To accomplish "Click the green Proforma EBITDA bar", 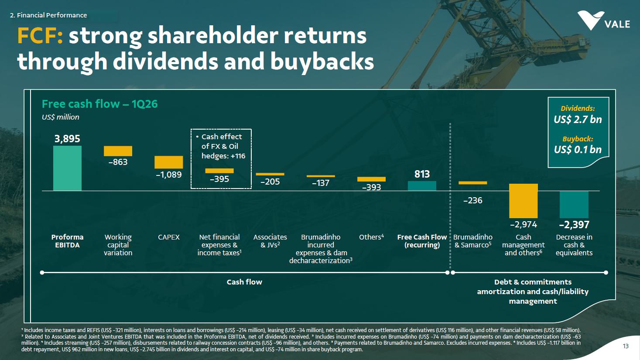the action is [x=68, y=168].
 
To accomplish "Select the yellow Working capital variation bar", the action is [x=118, y=151].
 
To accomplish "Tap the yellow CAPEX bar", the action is [x=168, y=162].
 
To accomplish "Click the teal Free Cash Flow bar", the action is [x=422, y=186].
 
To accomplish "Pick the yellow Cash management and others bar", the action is [x=524, y=201].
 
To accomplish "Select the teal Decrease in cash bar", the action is [x=574, y=205].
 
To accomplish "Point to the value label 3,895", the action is [x=68, y=139].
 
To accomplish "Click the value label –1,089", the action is [x=168, y=175].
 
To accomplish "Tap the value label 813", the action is [x=422, y=174].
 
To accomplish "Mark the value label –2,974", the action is [x=524, y=225].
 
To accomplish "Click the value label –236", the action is [x=473, y=201].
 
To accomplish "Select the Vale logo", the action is [x=603, y=21].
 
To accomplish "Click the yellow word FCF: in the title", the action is [x=40, y=36].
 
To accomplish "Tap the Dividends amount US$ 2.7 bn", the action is [x=578, y=120].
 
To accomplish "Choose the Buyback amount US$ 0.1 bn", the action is [x=578, y=149].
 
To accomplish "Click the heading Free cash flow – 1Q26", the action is [x=100, y=104].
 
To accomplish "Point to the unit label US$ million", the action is [x=61, y=117].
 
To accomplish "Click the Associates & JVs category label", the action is [x=270, y=241].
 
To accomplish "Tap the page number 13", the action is [x=626, y=346].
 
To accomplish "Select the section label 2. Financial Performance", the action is [x=48, y=15].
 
